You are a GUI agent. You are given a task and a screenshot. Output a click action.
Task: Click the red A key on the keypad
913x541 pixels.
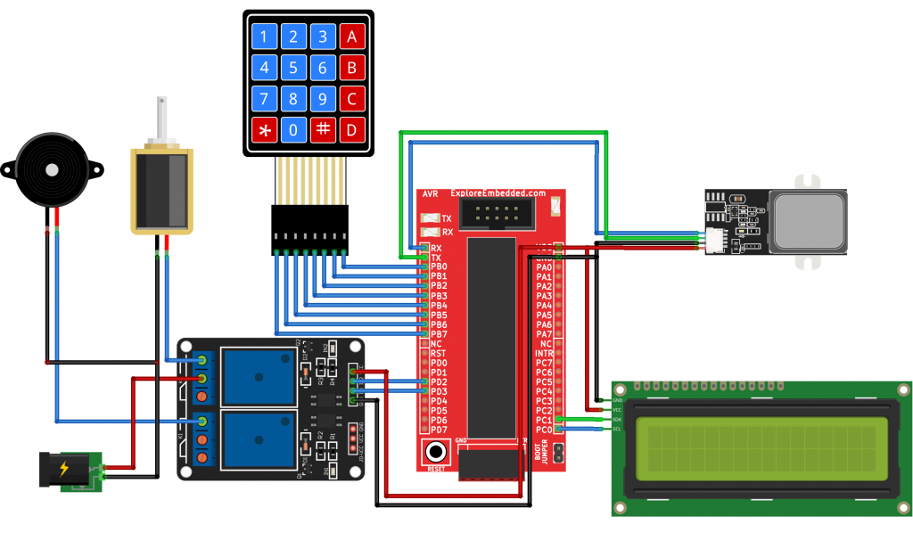pos(352,37)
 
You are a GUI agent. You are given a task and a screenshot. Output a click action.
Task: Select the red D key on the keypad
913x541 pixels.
pos(352,130)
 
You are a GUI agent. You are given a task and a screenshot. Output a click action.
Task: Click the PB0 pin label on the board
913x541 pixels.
pos(438,266)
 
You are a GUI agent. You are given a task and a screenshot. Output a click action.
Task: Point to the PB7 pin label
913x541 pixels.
pos(438,334)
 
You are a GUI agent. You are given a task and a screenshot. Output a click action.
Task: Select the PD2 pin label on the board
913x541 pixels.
pos(438,382)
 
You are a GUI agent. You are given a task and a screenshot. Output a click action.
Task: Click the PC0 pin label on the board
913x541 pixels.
pos(543,430)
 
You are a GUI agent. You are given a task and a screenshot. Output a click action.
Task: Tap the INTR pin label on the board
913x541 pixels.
pos(543,353)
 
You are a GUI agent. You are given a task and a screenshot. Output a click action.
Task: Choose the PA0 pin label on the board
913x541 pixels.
pos(543,266)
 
